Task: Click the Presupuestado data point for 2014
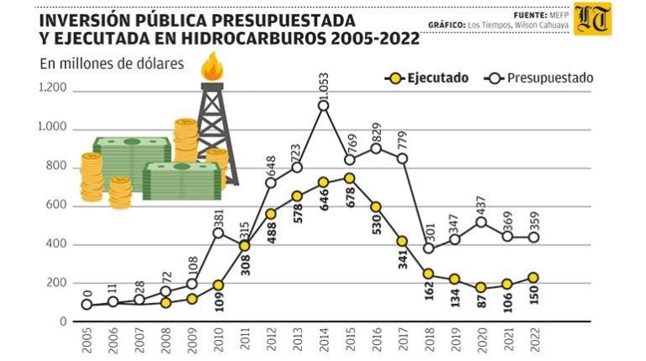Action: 323,105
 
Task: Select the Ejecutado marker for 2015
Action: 350,178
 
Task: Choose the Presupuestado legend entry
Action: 538,78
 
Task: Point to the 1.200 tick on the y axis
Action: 52,88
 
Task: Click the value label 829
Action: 376,134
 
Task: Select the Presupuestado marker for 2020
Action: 481,222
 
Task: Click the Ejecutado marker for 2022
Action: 533,278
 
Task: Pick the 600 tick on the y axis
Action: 55,205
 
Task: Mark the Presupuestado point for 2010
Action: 219,233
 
